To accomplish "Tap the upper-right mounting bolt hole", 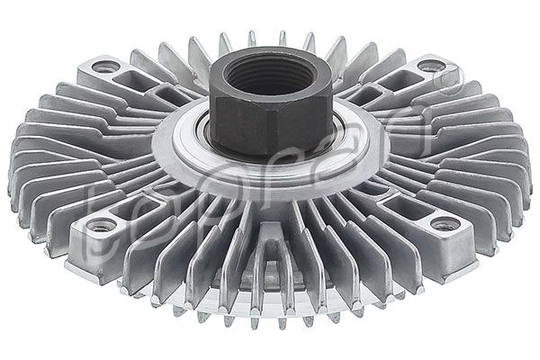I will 430,66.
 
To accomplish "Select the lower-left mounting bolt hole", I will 101,224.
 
